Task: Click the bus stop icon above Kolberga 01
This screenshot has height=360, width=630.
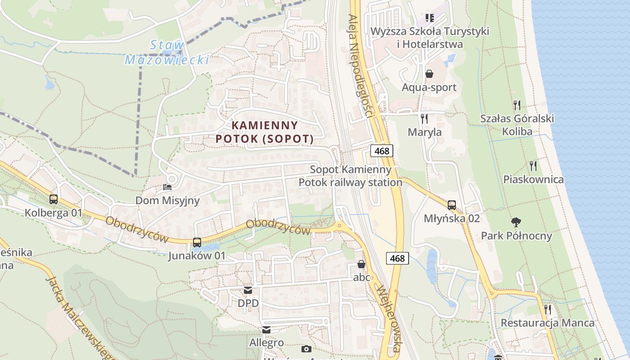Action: click(x=54, y=199)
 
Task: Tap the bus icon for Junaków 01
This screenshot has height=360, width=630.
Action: click(x=197, y=242)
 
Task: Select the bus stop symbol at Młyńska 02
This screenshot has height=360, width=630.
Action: click(x=452, y=205)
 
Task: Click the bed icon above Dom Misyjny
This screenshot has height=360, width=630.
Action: click(x=167, y=187)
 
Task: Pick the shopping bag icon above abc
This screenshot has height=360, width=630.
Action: click(x=361, y=264)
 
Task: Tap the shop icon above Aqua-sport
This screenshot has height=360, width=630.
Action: click(x=429, y=73)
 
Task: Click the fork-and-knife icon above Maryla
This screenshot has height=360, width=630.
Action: click(x=424, y=119)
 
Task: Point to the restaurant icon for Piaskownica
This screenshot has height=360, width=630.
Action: click(x=533, y=166)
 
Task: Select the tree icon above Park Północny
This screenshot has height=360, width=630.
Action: click(x=516, y=222)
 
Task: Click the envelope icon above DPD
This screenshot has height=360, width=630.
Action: click(x=248, y=290)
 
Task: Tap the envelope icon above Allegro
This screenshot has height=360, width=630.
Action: click(x=266, y=330)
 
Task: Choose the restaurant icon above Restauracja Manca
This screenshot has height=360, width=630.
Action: click(x=547, y=309)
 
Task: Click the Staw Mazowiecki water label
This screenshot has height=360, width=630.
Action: click(x=167, y=52)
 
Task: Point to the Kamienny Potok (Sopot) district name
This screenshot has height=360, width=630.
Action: click(x=265, y=132)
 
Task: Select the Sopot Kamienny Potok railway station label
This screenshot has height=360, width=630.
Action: click(x=351, y=176)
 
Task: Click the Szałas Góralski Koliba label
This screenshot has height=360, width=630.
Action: click(x=517, y=125)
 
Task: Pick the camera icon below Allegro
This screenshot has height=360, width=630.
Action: click(x=306, y=349)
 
